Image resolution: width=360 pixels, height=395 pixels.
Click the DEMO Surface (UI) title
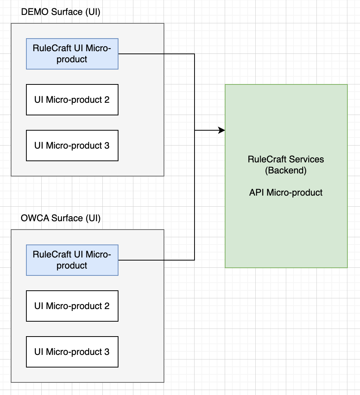coord(61,12)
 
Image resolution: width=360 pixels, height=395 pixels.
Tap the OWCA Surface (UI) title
coord(61,218)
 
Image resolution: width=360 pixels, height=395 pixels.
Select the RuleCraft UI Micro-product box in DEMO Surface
coord(72,54)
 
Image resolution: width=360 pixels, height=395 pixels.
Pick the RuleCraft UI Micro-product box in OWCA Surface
coord(72,260)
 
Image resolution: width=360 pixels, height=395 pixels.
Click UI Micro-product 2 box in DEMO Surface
coord(72,100)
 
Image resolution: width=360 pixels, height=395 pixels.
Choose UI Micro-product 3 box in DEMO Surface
coord(72,146)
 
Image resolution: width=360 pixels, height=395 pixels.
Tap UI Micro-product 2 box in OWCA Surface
coord(72,306)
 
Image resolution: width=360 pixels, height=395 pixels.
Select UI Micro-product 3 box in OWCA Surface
coord(72,352)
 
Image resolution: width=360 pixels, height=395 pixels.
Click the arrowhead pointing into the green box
coord(222,130)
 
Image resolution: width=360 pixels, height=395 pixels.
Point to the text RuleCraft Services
coord(286,159)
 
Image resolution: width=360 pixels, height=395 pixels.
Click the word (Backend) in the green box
coord(286,170)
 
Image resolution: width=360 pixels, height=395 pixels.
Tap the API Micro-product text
coord(286,193)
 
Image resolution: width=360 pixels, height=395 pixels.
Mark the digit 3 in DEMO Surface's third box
coord(107,146)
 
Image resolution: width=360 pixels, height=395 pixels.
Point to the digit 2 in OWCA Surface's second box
coord(107,306)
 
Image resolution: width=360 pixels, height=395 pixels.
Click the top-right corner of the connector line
coord(195,54)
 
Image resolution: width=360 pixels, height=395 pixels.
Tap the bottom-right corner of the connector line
coord(195,260)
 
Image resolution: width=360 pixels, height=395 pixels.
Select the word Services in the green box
coord(306,159)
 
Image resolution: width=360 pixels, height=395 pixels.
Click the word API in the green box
coord(256,193)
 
